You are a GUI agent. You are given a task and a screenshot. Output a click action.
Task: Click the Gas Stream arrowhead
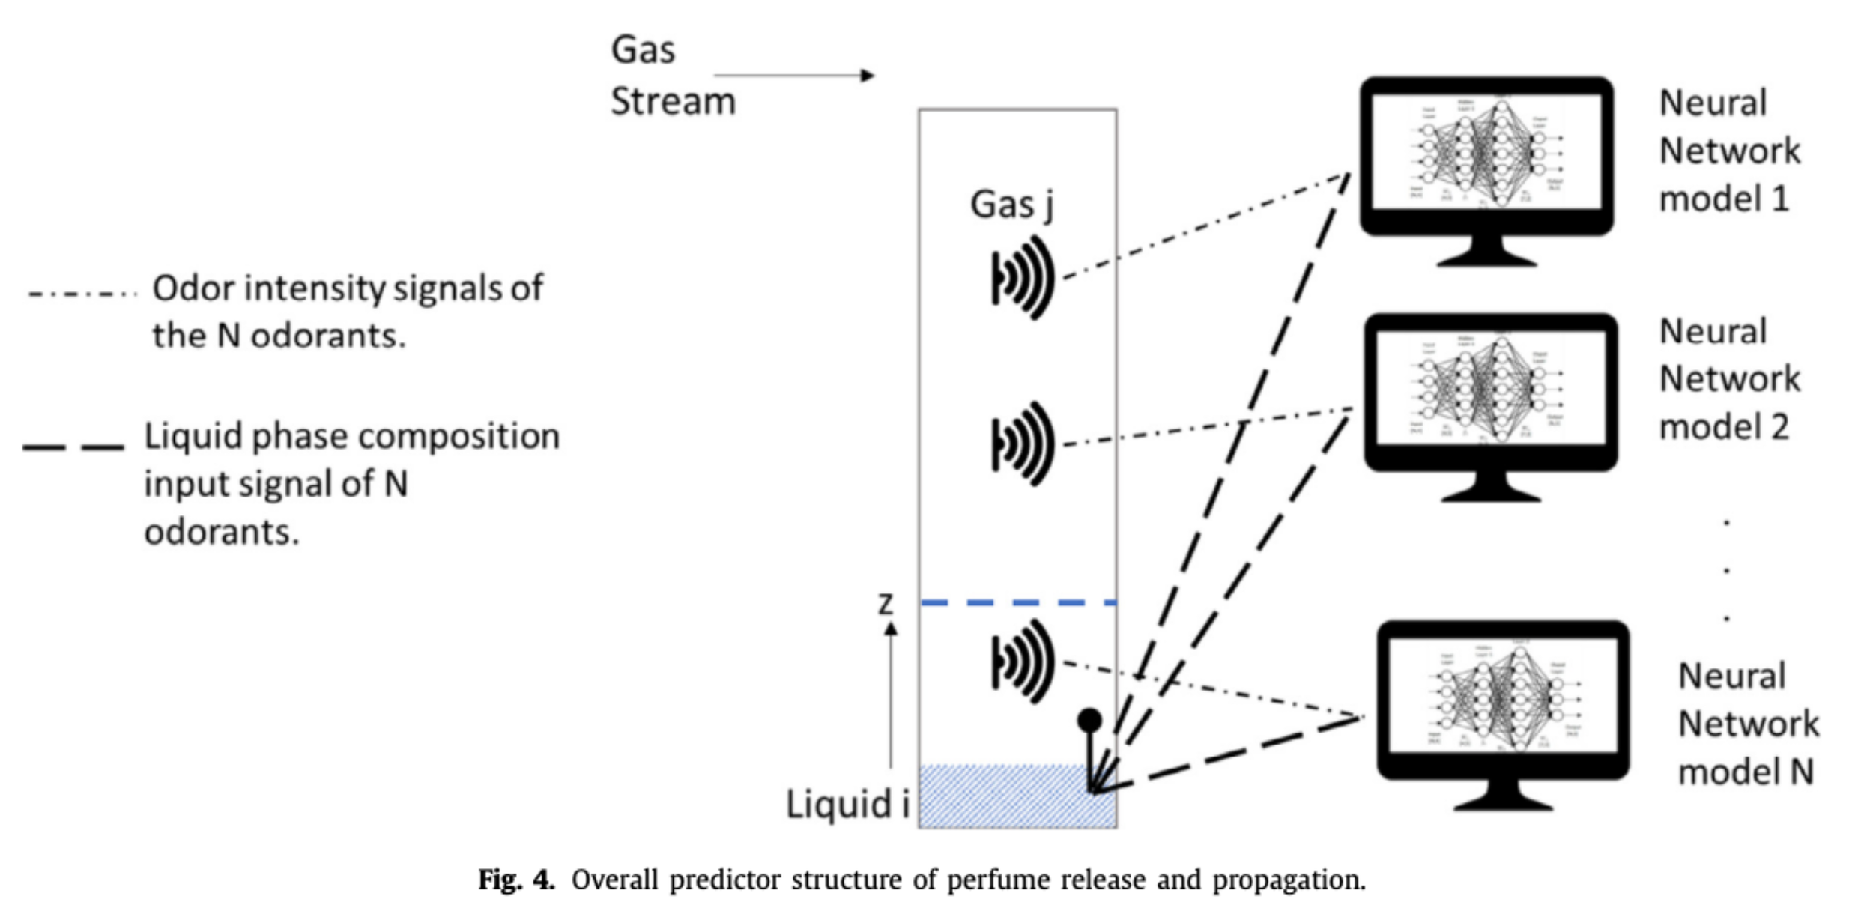[867, 76]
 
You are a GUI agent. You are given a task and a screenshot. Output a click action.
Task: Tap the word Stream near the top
[672, 102]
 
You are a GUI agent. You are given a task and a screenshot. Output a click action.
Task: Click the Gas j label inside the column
[1011, 205]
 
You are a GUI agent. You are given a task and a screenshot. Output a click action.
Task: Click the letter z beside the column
[886, 604]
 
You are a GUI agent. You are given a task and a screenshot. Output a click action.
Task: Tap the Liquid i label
[847, 805]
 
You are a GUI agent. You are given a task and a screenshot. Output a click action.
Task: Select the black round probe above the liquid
[1089, 721]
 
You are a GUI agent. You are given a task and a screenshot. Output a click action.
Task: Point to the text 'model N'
[1746, 772]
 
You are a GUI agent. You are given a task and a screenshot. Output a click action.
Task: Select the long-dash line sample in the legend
[73, 447]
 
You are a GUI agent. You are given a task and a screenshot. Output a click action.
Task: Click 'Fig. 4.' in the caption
[516, 880]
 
